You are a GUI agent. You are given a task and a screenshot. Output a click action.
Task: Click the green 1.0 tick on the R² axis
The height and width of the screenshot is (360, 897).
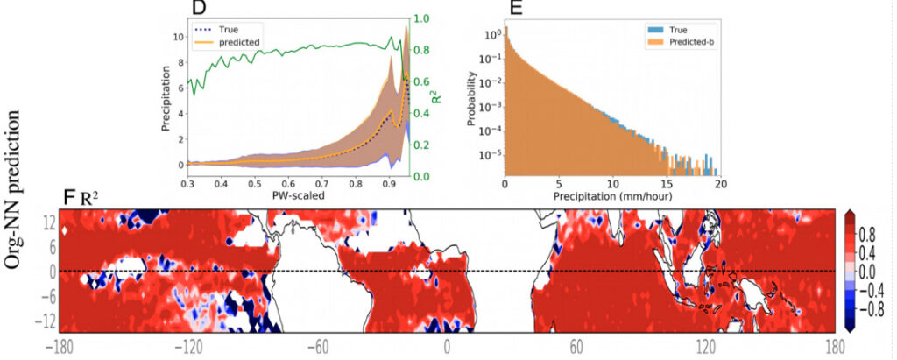[421, 18]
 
